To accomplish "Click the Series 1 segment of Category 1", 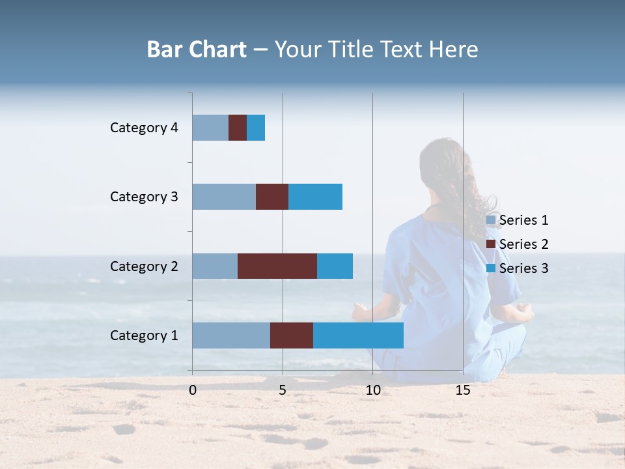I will [x=231, y=335].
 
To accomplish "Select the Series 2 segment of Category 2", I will [x=277, y=266].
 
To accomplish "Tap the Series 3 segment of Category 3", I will [x=315, y=197].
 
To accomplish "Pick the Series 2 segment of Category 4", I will [x=238, y=128].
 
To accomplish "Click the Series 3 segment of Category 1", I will [x=358, y=335].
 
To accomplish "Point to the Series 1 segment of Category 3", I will [x=224, y=197].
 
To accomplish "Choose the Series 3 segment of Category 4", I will [x=256, y=128].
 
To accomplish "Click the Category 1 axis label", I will [x=144, y=335].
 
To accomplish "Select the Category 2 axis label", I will [x=144, y=266].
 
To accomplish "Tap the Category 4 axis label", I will [x=144, y=128].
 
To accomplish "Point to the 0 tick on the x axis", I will [x=193, y=390].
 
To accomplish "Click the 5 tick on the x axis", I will [x=283, y=390].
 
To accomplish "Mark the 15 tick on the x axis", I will [x=463, y=390].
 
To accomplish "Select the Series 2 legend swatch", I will [x=492, y=244].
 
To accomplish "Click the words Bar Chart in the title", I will [x=196, y=50].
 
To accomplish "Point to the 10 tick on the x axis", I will [x=372, y=390].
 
